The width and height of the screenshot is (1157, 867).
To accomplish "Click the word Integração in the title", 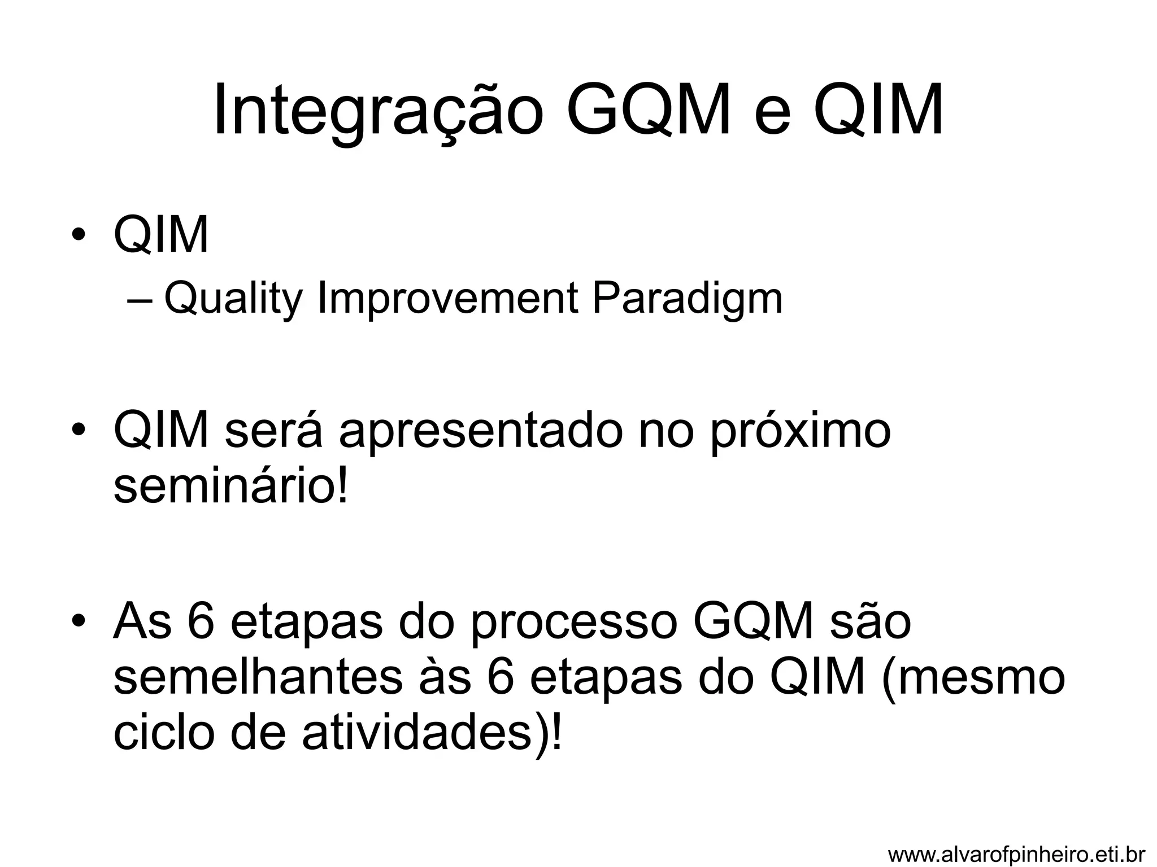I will pos(378,111).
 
